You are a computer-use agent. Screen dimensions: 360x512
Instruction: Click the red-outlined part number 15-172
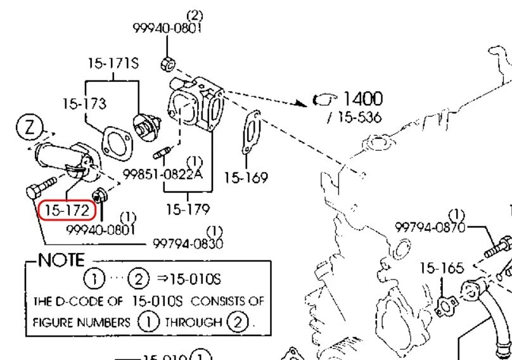63,210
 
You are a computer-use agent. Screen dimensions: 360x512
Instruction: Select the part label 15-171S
113,64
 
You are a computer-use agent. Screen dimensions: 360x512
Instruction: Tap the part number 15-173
84,103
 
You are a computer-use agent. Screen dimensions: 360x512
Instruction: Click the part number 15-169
246,177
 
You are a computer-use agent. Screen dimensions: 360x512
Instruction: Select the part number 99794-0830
188,243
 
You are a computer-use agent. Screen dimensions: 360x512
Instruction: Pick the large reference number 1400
362,98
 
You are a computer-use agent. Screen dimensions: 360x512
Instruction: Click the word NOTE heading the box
61,260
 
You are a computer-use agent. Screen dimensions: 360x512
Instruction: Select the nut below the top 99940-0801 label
168,63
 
